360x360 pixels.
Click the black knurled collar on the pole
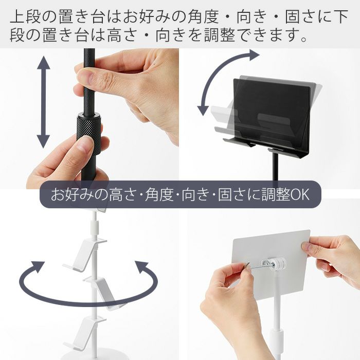(89, 133)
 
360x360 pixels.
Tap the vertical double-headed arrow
(43, 102)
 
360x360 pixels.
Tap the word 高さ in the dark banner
(123, 195)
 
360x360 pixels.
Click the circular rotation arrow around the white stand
(88, 287)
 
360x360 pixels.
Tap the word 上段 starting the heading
(25, 16)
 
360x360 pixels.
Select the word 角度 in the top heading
(204, 16)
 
